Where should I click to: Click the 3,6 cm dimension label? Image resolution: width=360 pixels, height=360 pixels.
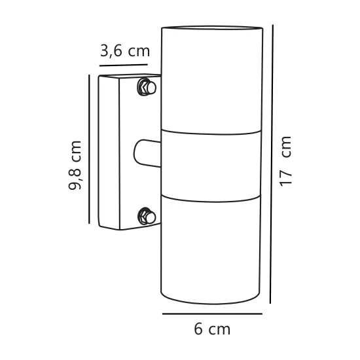[125, 52]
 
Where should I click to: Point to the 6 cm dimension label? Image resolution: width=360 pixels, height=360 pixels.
[212, 329]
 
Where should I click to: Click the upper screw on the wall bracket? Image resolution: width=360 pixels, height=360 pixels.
[146, 86]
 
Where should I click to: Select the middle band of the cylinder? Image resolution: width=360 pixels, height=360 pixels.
[212, 163]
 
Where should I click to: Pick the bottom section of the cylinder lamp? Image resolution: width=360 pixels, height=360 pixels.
[212, 249]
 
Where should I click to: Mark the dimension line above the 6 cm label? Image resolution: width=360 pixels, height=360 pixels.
[212, 314]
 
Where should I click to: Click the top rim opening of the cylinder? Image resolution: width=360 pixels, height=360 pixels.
[212, 29]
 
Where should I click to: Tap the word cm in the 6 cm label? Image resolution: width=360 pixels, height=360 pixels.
[220, 329]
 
